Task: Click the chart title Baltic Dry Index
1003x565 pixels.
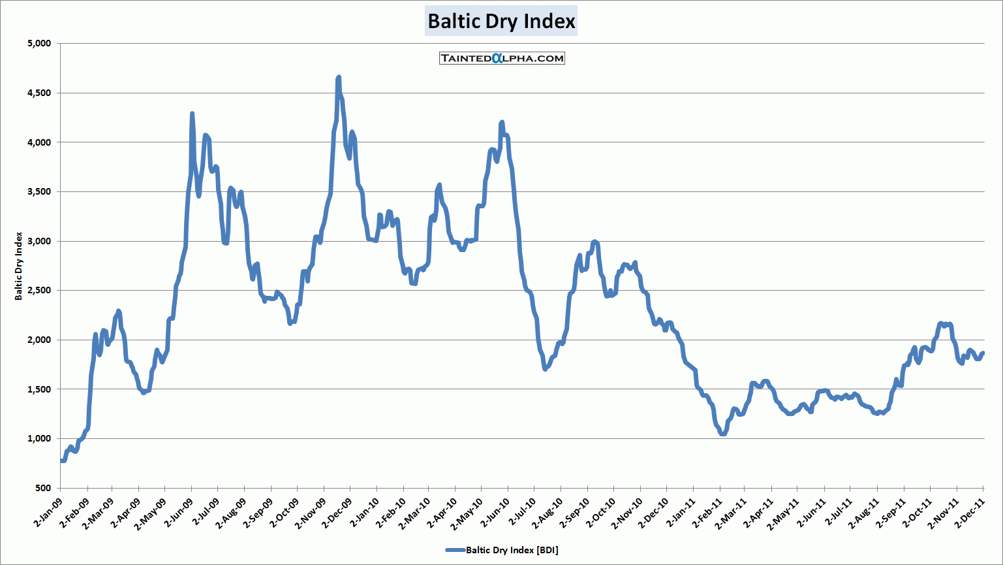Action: [x=501, y=22]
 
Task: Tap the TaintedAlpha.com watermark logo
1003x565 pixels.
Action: [x=502, y=58]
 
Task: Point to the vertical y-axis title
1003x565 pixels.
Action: [x=19, y=266]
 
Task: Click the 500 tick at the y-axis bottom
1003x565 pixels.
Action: [x=43, y=488]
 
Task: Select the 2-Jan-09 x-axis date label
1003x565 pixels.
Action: [x=47, y=513]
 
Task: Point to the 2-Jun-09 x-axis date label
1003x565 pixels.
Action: [x=178, y=513]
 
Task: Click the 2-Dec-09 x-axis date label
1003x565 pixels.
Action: [x=337, y=513]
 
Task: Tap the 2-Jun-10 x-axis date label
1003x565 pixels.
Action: [x=495, y=513]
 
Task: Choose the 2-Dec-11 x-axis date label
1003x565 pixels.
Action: [x=970, y=513]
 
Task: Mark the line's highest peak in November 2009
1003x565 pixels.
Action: [x=339, y=78]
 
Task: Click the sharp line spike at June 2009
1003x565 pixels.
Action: [x=192, y=114]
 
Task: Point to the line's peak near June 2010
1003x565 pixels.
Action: [x=502, y=122]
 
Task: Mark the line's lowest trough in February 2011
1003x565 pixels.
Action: [x=722, y=433]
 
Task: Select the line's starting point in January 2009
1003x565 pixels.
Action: [x=61, y=460]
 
